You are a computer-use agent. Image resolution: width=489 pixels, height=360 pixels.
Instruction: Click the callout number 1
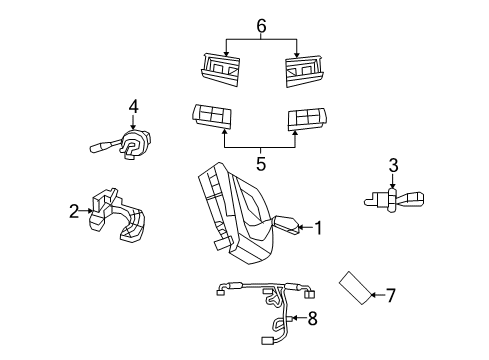pyautogui.click(x=319, y=228)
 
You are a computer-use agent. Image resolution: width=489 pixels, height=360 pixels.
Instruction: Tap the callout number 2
pyautogui.click(x=73, y=211)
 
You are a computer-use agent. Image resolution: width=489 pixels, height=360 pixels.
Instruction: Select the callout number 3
pyautogui.click(x=393, y=165)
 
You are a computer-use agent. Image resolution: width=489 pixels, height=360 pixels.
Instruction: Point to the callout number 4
pyautogui.click(x=132, y=106)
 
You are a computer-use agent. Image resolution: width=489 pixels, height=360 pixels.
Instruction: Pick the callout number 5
pyautogui.click(x=261, y=161)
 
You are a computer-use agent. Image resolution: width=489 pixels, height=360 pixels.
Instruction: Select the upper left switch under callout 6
pyautogui.click(x=221, y=69)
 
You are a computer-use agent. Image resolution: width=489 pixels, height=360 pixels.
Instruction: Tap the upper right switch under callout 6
pyautogui.click(x=302, y=69)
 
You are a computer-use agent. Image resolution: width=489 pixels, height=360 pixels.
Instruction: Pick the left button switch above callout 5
pyautogui.click(x=213, y=119)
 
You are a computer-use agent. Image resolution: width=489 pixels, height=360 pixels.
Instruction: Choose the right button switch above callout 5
pyautogui.click(x=308, y=120)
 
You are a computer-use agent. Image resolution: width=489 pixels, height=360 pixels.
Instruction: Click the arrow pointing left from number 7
pyautogui.click(x=376, y=294)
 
